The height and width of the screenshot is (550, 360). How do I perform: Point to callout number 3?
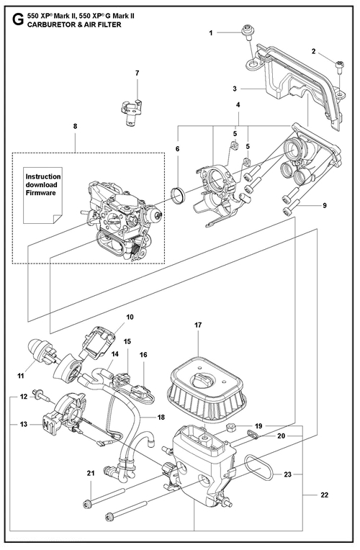[x=235, y=89]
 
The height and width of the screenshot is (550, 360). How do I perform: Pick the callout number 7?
[x=138, y=73]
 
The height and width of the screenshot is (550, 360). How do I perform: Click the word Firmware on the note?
[x=41, y=193]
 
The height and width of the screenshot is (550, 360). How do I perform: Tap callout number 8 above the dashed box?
[x=75, y=126]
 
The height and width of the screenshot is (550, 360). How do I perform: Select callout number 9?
[x=325, y=205]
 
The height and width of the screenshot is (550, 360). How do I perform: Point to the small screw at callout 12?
[x=41, y=396]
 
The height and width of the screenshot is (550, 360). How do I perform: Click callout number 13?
[x=24, y=425]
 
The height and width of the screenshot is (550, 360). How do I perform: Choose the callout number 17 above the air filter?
[x=198, y=325]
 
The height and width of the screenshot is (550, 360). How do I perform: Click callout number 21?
[x=91, y=474]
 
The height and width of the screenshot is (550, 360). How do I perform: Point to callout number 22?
[x=325, y=495]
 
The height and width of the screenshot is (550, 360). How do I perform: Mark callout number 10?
[x=130, y=317]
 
